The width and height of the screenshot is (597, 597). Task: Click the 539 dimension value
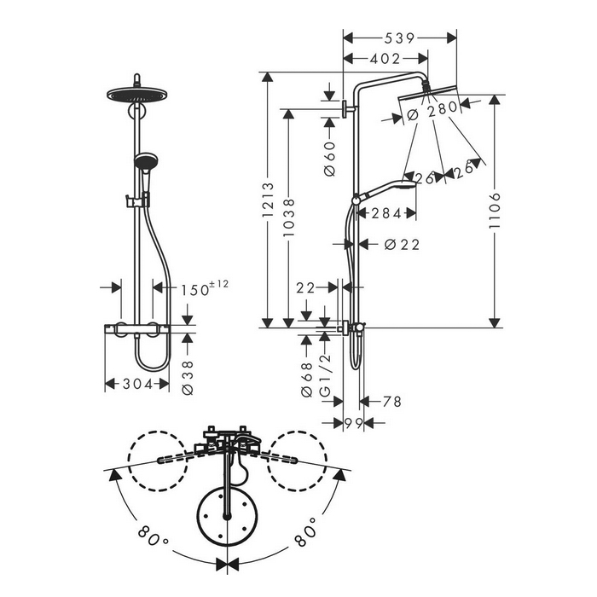click(x=399, y=38)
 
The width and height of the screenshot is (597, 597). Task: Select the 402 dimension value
click(x=385, y=59)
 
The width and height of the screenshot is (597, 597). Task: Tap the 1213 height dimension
click(x=268, y=200)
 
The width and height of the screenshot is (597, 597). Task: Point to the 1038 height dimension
click(x=288, y=217)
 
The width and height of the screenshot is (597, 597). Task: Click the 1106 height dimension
click(x=495, y=211)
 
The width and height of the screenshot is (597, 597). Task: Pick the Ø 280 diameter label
click(x=432, y=110)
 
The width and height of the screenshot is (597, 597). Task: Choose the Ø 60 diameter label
click(x=330, y=159)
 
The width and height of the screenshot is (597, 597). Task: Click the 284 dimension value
click(x=386, y=213)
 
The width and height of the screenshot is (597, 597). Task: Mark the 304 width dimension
click(x=137, y=384)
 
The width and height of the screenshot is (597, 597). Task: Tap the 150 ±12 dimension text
click(x=205, y=288)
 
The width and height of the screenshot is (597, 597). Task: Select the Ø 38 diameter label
click(x=188, y=378)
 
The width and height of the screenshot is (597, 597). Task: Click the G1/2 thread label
click(x=326, y=375)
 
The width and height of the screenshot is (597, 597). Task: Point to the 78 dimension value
click(x=391, y=402)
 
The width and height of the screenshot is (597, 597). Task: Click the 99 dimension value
click(x=354, y=423)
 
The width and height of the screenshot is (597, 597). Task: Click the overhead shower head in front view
click(x=136, y=95)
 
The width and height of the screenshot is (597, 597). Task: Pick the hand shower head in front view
click(x=145, y=161)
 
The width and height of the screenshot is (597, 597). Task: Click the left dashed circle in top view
click(x=158, y=461)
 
